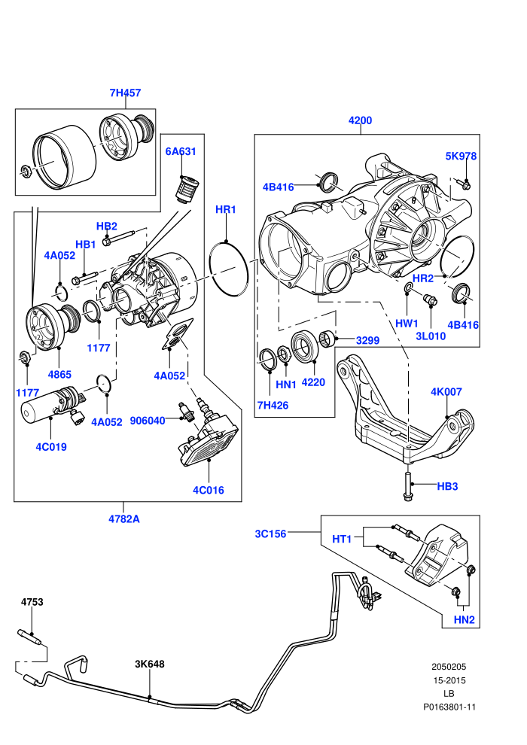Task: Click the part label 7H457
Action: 126,93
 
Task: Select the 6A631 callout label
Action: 181,151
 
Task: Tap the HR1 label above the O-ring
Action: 226,209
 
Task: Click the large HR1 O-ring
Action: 229,269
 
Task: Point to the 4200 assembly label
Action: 360,120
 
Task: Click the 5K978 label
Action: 461,157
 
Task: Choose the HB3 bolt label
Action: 447,487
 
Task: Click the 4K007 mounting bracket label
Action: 446,392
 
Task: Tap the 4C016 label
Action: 208,491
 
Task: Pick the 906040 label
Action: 148,421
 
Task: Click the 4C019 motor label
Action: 51,447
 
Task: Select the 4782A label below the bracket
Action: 124,519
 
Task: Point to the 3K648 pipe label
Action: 150,664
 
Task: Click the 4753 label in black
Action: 32,602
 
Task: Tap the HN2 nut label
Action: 465,620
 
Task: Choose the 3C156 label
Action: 271,534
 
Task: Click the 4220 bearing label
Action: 313,382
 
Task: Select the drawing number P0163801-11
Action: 449,707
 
